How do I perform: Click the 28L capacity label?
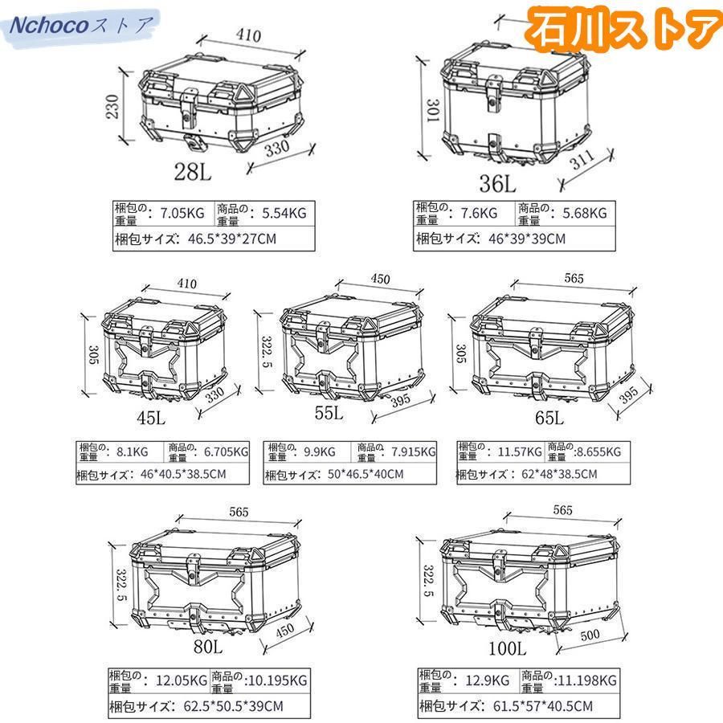click(x=193, y=173)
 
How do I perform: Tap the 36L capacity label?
click(x=497, y=183)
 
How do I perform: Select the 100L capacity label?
click(x=507, y=648)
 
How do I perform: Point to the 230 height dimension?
click(x=112, y=106)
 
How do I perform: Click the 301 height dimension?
click(x=432, y=110)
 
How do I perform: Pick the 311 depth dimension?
click(x=582, y=160)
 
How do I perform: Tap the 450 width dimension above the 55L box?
click(x=381, y=279)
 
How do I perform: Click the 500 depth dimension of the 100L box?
click(x=590, y=635)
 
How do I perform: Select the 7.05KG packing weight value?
click(x=182, y=213)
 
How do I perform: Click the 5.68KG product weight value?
click(x=585, y=213)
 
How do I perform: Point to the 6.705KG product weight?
click(x=227, y=451)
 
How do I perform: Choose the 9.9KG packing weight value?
click(x=320, y=451)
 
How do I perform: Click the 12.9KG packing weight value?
click(x=488, y=680)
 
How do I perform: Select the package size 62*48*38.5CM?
click(x=559, y=474)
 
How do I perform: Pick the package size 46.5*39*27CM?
click(x=232, y=239)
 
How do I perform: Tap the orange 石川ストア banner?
click(x=623, y=27)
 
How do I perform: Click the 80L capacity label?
click(x=208, y=646)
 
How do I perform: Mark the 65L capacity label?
click(x=549, y=418)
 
